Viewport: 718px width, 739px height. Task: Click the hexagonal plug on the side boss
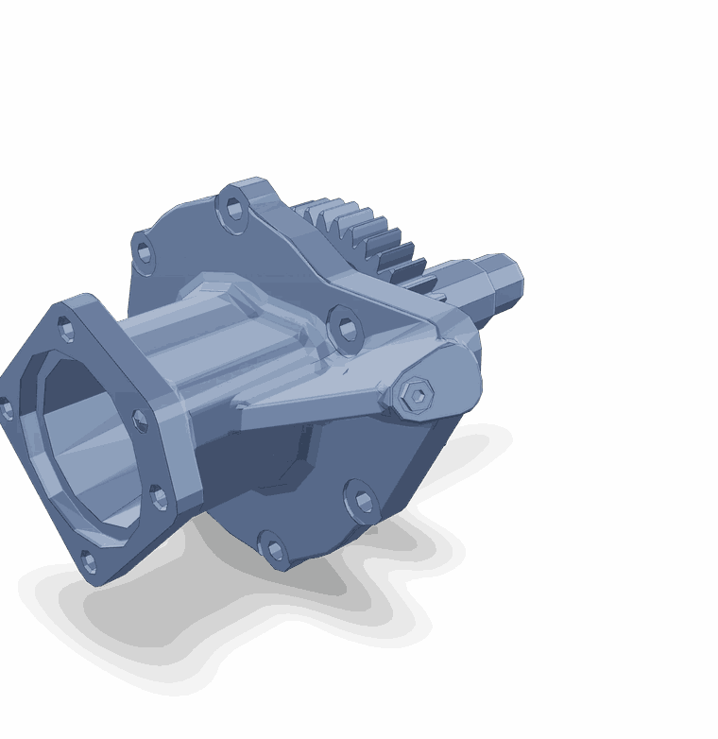point(417,397)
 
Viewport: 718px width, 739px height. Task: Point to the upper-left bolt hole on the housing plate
point(144,252)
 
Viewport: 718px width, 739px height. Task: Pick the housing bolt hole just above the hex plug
point(347,330)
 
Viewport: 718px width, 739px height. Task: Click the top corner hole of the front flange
point(65,329)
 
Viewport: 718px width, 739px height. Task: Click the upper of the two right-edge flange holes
point(140,421)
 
